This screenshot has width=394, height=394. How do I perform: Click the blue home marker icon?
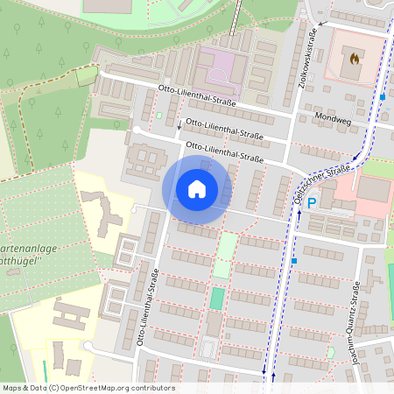[197, 188]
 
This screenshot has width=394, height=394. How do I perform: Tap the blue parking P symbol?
[311, 202]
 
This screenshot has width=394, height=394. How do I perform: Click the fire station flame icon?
[354, 59]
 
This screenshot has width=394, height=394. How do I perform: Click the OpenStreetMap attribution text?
[88, 388]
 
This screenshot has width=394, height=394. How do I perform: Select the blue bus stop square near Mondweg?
[383, 96]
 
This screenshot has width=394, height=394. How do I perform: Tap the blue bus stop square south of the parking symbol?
[294, 260]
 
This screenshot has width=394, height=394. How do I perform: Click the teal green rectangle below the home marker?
[216, 299]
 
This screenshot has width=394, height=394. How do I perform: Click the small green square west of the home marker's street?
[159, 116]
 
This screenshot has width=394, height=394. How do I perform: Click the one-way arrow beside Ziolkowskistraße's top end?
[321, 23]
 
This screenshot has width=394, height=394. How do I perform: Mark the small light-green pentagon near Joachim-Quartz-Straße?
[330, 352]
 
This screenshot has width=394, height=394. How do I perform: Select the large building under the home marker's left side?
[145, 161]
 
